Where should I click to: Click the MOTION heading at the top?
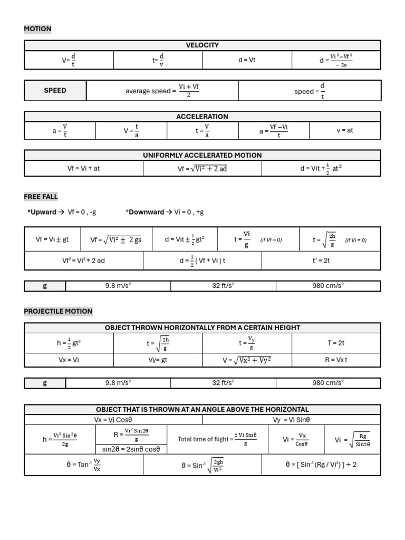pyautogui.click(x=37, y=28)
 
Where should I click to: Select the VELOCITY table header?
pyautogui.click(x=202, y=45)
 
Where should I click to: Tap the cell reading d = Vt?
pyautogui.click(x=247, y=60)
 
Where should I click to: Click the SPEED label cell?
pyautogui.click(x=55, y=90)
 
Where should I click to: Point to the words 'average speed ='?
pyautogui.click(x=150, y=91)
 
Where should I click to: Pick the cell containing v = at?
pyautogui.click(x=345, y=130)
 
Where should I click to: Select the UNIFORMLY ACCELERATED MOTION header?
pyautogui.click(x=202, y=155)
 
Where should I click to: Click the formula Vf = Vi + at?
pyautogui.click(x=83, y=169)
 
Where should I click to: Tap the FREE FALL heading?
pyautogui.click(x=41, y=197)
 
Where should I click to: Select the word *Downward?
pyautogui.click(x=144, y=212)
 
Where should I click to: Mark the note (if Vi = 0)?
pyautogui.click(x=355, y=240)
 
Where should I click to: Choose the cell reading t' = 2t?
pyautogui.click(x=321, y=261)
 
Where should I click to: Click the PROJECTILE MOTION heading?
pyautogui.click(x=58, y=311)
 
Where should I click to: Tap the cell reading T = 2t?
pyautogui.click(x=336, y=343)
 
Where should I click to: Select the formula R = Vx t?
pyautogui.click(x=336, y=361)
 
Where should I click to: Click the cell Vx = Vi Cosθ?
pyautogui.click(x=113, y=420)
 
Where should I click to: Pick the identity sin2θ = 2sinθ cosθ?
pyautogui.click(x=131, y=449)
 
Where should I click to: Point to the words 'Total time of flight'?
pyautogui.click(x=203, y=439)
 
